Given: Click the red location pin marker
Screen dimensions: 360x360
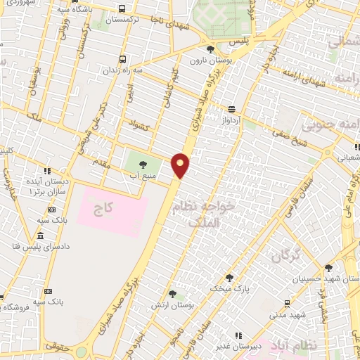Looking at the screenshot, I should coord(181,165).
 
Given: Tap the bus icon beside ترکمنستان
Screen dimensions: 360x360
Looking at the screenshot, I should coord(123,10).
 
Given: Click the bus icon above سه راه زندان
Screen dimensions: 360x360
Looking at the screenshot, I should coord(123,59).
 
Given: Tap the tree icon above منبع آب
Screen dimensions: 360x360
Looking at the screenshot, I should coord(143,163).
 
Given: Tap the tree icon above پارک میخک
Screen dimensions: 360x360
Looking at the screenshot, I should coord(219,278).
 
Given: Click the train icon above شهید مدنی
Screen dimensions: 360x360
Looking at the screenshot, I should coord(287,303).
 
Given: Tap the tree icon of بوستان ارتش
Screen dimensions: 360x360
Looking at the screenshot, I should coord(173,295).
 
